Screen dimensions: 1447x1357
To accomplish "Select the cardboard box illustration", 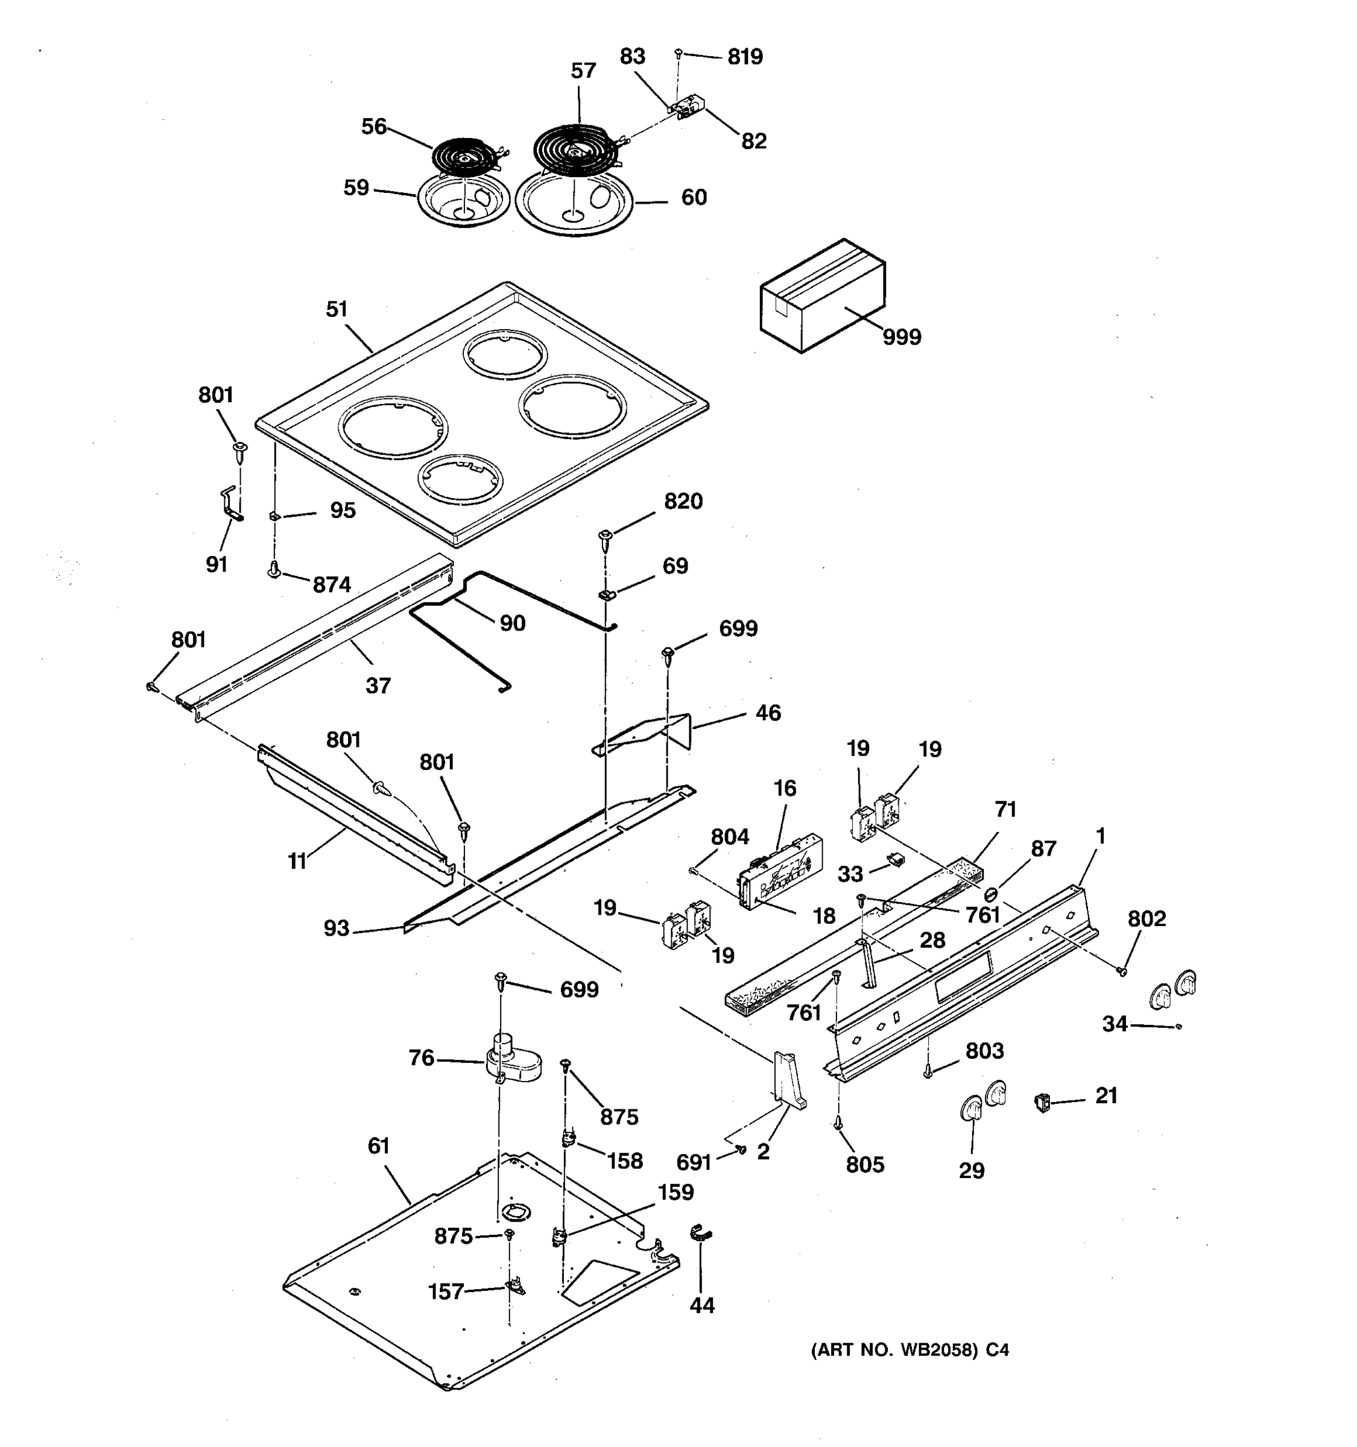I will click(823, 296).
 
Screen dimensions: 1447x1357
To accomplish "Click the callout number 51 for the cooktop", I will click(337, 309).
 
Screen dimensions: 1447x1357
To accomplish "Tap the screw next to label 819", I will click(678, 52).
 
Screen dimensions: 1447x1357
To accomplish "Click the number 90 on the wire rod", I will click(512, 623).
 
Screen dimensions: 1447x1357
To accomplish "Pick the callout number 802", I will click(1147, 919).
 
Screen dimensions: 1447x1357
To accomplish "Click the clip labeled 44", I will click(700, 1233).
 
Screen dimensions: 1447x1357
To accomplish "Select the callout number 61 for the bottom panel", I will click(379, 1146).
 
